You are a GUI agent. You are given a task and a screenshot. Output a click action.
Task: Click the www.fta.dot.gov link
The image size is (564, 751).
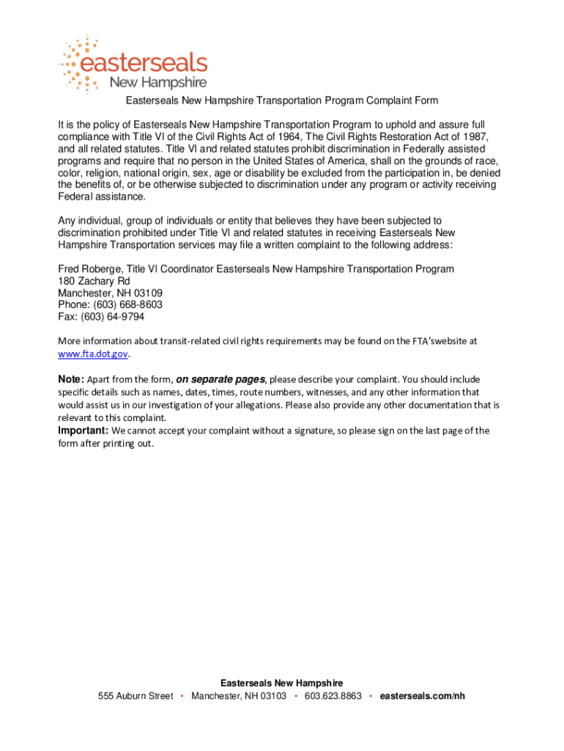click(x=94, y=353)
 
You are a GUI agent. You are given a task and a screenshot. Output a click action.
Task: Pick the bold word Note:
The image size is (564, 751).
click(x=71, y=380)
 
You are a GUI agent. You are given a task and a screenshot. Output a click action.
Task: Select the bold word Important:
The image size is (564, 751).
click(x=84, y=431)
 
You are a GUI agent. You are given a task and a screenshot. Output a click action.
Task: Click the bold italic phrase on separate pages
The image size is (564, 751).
click(x=220, y=380)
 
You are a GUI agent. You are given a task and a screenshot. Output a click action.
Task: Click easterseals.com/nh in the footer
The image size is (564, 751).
click(x=423, y=696)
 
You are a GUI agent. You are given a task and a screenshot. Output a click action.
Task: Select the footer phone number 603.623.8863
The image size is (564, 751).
click(x=333, y=696)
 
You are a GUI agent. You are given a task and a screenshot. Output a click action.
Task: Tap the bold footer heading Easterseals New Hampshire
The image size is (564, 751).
click(x=281, y=684)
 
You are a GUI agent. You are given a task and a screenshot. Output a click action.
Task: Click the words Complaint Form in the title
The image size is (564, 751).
click(x=401, y=100)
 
